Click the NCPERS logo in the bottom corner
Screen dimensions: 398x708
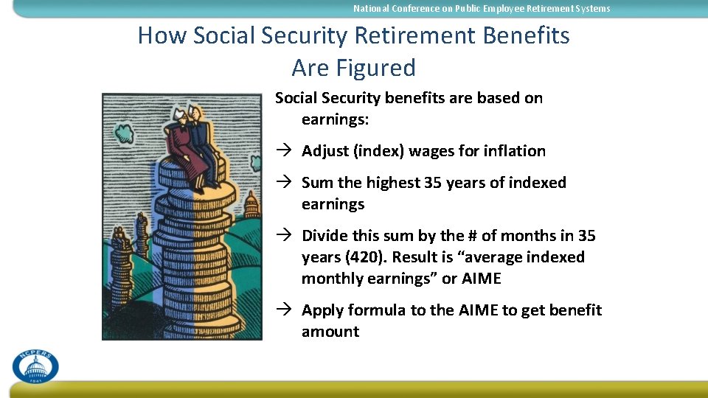coord(35,366)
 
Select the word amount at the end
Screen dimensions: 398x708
coord(330,332)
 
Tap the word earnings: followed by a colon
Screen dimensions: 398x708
coord(335,119)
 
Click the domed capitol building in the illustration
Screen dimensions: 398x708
coord(251,204)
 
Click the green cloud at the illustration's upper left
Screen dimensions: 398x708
coord(123,133)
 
